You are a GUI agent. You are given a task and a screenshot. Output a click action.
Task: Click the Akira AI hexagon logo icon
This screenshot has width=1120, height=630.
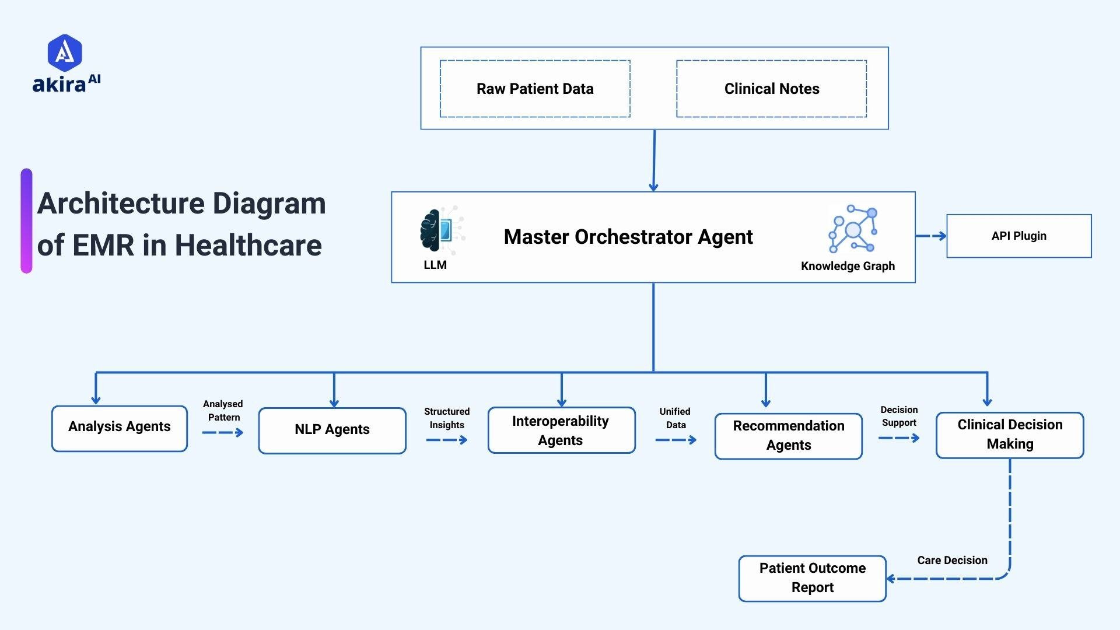(64, 52)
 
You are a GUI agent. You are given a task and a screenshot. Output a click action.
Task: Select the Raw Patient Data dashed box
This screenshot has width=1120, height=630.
(535, 89)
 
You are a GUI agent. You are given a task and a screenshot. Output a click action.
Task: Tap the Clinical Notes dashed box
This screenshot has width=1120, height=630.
(771, 89)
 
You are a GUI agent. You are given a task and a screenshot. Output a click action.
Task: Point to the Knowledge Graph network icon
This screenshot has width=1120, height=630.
(853, 229)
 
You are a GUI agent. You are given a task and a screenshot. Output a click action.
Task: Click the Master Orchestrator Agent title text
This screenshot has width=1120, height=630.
(628, 237)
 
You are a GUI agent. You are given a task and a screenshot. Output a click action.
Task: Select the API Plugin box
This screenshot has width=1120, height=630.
(1019, 236)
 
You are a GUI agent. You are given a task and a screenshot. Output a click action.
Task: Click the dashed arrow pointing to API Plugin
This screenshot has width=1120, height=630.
(931, 236)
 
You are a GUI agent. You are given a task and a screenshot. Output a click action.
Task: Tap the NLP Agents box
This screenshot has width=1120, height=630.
(332, 430)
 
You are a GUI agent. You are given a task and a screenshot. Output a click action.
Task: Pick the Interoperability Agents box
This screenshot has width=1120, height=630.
(561, 430)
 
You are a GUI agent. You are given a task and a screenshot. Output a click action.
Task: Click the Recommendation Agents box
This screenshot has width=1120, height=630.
(788, 436)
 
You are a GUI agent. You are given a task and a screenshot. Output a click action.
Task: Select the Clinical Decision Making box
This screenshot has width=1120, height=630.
(1010, 435)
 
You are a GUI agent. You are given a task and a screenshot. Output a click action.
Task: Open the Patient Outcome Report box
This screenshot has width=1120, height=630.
(812, 578)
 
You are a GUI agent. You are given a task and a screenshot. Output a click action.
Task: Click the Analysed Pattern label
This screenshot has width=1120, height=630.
(223, 411)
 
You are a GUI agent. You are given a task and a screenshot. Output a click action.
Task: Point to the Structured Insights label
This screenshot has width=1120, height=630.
(447, 418)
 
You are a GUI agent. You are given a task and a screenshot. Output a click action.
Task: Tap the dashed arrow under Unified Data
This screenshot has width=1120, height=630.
(675, 440)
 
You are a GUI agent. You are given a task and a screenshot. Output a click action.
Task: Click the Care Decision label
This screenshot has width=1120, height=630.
(952, 561)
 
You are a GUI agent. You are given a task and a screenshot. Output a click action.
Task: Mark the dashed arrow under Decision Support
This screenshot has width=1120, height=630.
(898, 438)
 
